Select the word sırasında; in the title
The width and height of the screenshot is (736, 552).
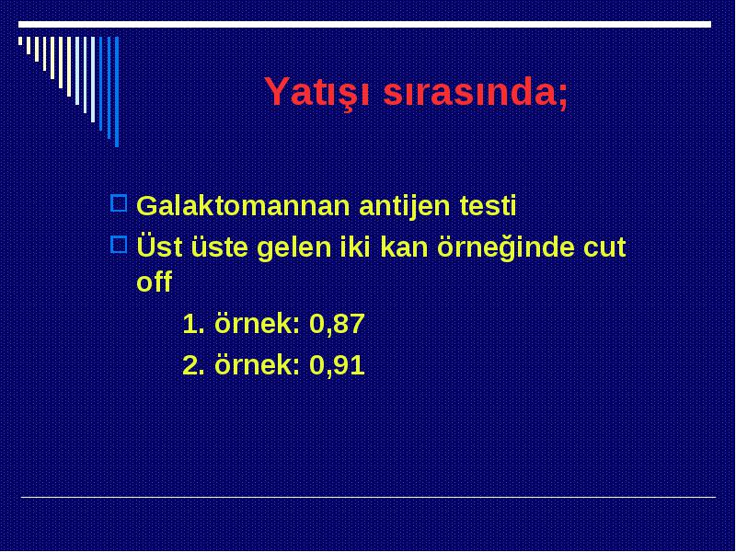click(x=476, y=91)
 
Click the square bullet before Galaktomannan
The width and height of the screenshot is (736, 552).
click(x=119, y=203)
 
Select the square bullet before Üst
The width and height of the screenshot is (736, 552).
click(x=119, y=245)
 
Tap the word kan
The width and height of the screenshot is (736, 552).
click(x=404, y=247)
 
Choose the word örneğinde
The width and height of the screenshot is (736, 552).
click(x=506, y=247)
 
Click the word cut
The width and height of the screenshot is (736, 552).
click(x=604, y=247)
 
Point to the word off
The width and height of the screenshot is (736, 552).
click(x=154, y=282)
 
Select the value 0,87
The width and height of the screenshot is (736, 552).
click(x=337, y=325)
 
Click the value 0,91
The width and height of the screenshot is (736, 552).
click(x=337, y=365)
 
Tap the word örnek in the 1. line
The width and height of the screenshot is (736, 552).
click(x=257, y=324)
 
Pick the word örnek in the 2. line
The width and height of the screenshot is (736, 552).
click(x=257, y=364)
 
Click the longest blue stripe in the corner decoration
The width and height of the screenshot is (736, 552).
click(x=117, y=92)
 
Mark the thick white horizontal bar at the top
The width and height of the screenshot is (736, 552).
click(x=364, y=25)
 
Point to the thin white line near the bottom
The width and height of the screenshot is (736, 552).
click(x=369, y=497)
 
